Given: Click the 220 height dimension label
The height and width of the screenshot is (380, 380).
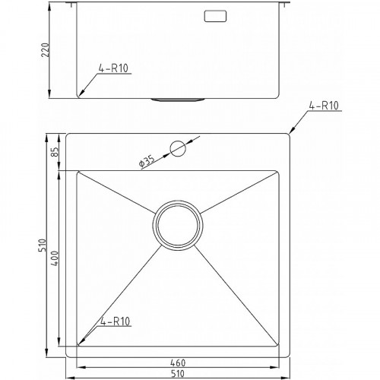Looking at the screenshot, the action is coord(46,50).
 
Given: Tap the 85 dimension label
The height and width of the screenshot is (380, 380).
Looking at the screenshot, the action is coord(55,152).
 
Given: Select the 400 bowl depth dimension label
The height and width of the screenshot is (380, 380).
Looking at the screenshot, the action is coord(55,258).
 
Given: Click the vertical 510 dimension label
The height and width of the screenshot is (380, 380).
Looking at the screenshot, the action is coord(42,245).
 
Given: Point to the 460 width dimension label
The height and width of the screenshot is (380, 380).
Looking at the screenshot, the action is coord(178,363).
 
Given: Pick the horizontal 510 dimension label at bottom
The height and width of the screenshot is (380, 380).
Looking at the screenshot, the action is coord(178,374).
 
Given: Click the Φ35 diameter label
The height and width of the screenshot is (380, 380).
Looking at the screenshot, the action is coord(147,162).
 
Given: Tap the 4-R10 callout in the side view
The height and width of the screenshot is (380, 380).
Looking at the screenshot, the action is coord(113,68).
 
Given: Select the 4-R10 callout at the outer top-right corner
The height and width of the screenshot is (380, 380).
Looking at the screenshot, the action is coord(324,106).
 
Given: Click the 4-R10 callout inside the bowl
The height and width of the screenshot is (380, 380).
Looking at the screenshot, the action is coord(116,321).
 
